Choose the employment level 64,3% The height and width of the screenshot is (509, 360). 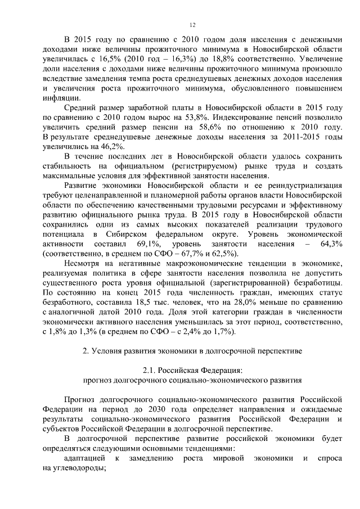pos(330,244)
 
